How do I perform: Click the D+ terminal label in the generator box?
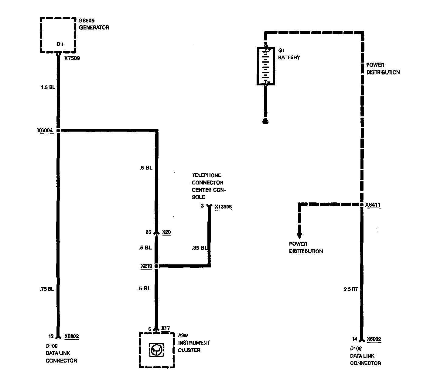click(60, 44)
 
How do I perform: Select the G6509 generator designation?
click(87, 21)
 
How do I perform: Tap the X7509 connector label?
click(72, 58)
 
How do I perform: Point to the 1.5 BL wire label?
click(48, 88)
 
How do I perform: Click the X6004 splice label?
click(45, 131)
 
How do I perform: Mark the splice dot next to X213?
click(156, 266)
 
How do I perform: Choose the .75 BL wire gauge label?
click(47, 289)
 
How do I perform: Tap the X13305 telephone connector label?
click(223, 207)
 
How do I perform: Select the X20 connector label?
click(166, 232)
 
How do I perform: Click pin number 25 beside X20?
click(148, 232)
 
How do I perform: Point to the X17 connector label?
click(165, 328)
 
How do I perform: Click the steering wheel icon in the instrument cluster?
click(157, 350)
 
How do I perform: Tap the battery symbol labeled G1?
click(266, 65)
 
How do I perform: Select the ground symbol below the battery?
click(265, 122)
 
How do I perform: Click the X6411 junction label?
click(373, 205)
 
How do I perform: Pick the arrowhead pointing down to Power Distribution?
click(299, 236)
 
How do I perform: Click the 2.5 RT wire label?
click(351, 289)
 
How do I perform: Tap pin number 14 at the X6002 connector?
click(354, 339)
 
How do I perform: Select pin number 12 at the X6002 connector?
click(51, 336)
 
